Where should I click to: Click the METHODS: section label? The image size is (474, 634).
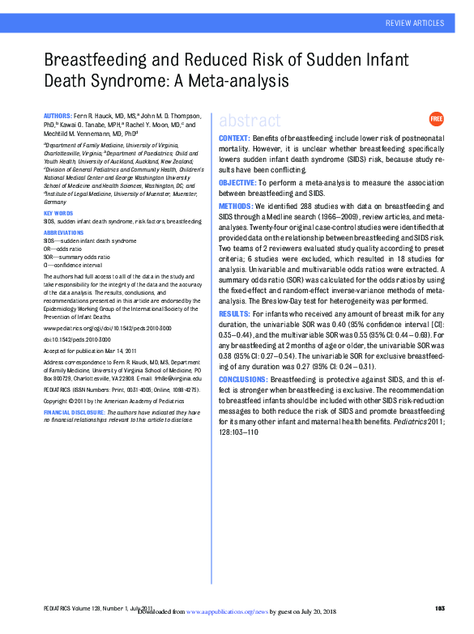click(236, 207)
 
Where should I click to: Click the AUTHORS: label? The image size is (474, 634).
click(58, 117)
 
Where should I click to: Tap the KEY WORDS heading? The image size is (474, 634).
click(59, 213)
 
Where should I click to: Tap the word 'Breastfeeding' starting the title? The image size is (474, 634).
click(98, 60)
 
